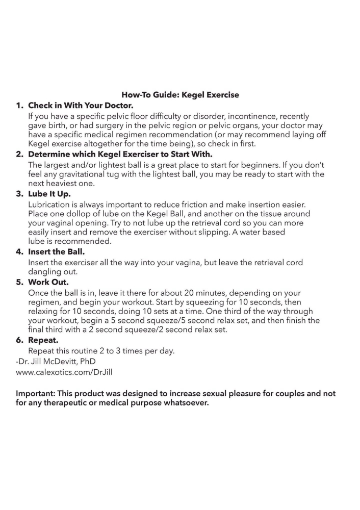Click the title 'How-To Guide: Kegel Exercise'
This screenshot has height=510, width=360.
click(x=180, y=95)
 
